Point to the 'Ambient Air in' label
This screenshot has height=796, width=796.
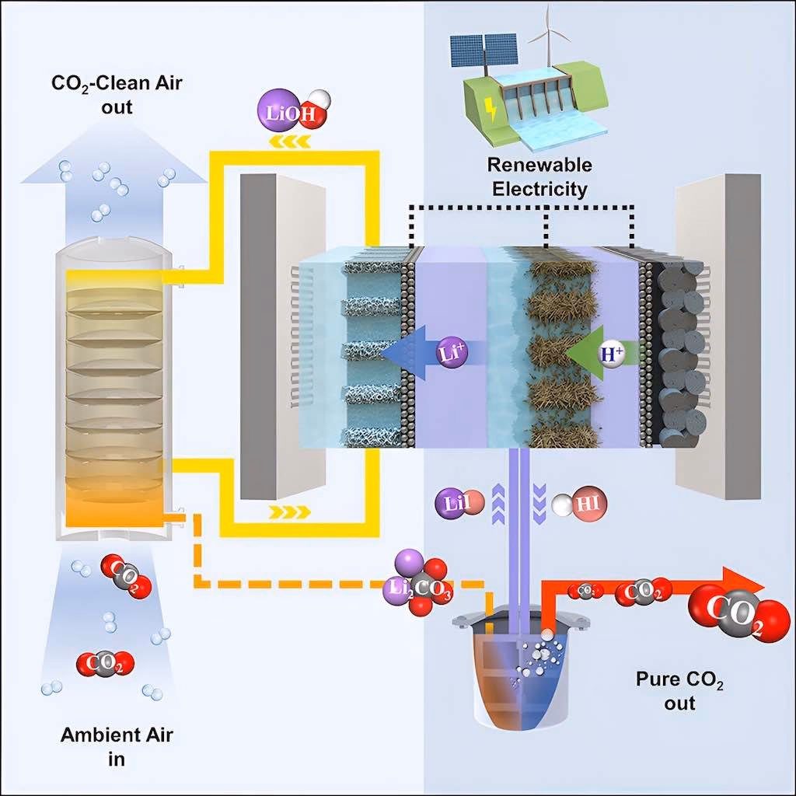pyautogui.click(x=106, y=745)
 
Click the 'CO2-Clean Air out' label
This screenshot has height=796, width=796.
pyautogui.click(x=117, y=93)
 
